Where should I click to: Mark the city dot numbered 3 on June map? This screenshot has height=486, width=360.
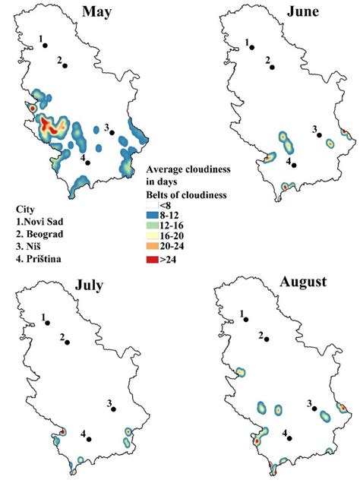320,137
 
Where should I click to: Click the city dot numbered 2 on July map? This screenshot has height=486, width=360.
67,342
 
